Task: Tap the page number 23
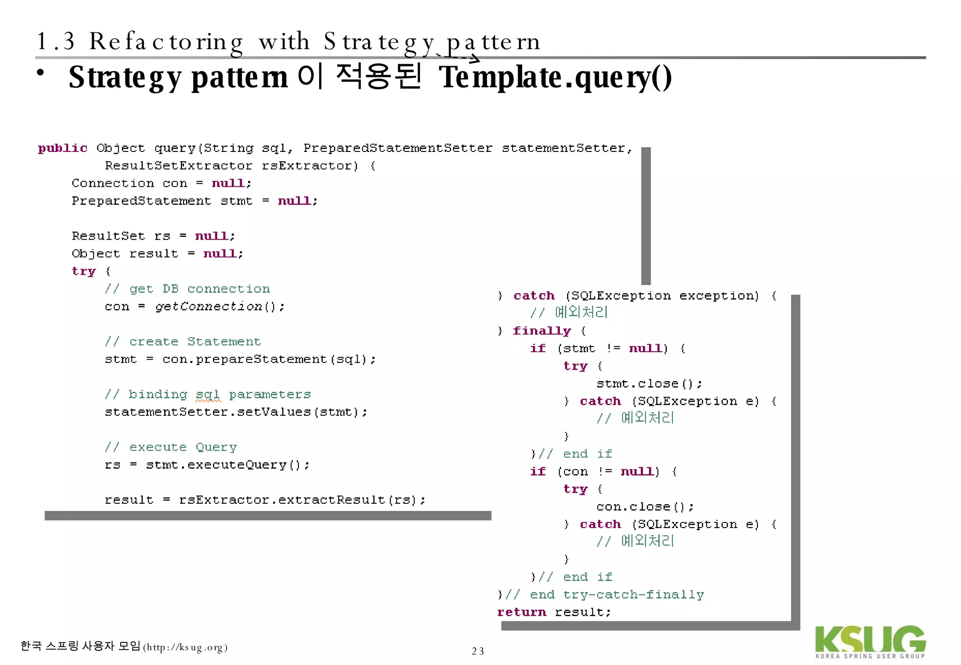[x=478, y=651]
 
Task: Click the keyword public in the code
[x=62, y=148]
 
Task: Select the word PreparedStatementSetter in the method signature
[x=397, y=148]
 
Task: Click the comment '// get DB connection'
[x=187, y=289]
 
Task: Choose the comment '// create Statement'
[x=183, y=342]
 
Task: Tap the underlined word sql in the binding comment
[x=207, y=394]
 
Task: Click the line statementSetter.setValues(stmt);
[x=236, y=412]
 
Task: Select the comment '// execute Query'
[x=171, y=447]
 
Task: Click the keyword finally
[x=542, y=331]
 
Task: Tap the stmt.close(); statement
[x=649, y=384]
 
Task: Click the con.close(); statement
[x=645, y=507]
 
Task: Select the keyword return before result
[x=521, y=612]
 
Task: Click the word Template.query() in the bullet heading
[x=555, y=77]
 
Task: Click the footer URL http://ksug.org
[x=185, y=648]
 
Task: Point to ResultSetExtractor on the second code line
[x=178, y=166]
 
